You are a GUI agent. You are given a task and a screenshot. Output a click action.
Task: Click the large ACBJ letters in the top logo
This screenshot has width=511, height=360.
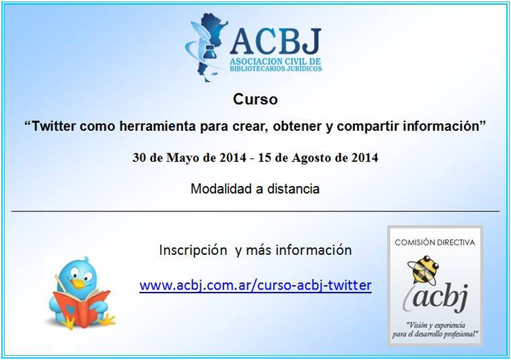(x=275, y=42)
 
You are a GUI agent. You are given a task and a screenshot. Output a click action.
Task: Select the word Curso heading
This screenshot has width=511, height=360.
(x=255, y=100)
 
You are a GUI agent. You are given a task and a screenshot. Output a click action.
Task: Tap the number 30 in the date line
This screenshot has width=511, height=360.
(x=139, y=157)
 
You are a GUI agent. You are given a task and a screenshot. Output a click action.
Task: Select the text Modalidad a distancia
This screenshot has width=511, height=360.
(x=255, y=189)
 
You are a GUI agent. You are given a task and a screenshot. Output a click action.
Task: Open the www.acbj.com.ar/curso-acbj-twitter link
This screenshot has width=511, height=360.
(x=255, y=285)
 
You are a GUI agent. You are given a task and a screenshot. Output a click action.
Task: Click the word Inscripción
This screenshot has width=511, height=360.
(x=193, y=250)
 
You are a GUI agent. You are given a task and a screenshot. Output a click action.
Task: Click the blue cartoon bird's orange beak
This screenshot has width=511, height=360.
(x=78, y=284)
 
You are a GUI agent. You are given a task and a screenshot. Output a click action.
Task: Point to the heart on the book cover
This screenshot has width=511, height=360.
(x=69, y=308)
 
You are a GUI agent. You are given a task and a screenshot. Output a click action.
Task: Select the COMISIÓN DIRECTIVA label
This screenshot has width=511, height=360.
(x=435, y=243)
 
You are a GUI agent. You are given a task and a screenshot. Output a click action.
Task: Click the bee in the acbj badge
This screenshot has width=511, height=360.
(x=422, y=269)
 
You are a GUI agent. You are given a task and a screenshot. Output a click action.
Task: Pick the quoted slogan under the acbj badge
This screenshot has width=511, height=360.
(x=435, y=330)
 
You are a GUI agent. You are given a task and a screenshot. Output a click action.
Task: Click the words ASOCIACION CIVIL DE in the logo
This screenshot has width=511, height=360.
(x=275, y=61)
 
